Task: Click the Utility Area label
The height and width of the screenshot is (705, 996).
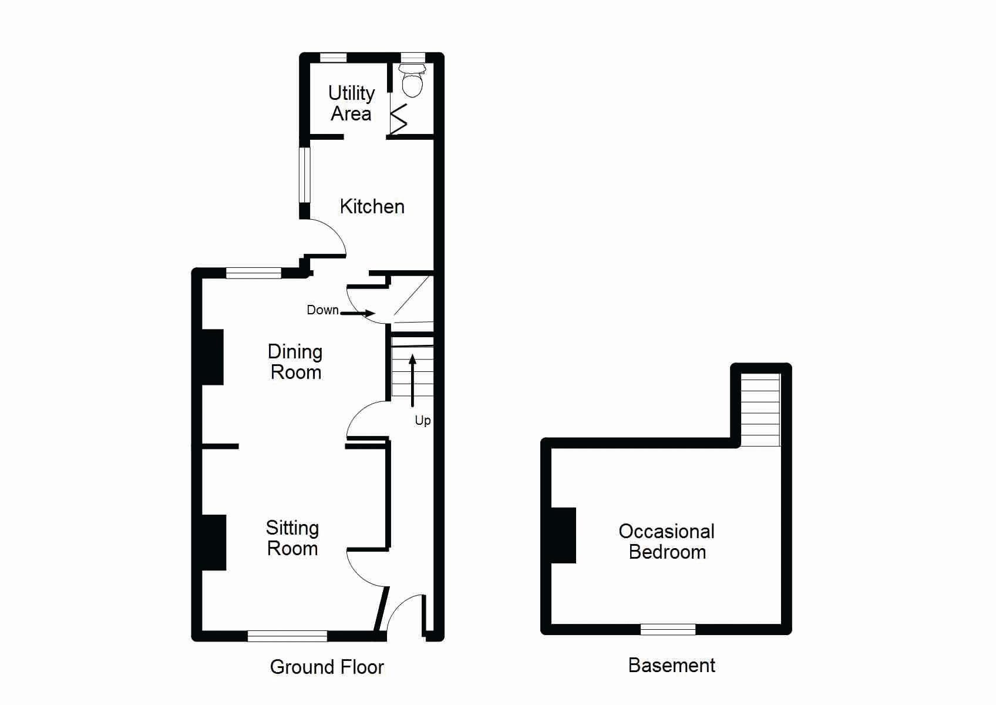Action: [351, 103]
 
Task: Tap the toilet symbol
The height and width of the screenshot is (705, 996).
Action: [412, 80]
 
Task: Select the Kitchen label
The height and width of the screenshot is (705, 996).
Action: [372, 206]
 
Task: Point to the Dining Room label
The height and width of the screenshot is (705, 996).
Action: [295, 362]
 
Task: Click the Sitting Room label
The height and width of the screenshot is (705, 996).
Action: [292, 538]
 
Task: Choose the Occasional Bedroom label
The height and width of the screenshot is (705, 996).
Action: [667, 541]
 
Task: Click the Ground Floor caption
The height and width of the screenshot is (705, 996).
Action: [327, 667]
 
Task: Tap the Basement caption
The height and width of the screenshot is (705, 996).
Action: [671, 666]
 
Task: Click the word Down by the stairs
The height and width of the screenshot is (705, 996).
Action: [322, 310]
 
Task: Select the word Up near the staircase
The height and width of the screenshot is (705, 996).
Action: [422, 421]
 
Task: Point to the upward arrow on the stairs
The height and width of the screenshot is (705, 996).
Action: [413, 380]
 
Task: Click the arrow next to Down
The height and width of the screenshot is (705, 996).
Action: [358, 313]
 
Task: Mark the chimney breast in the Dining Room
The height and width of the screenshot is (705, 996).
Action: [213, 357]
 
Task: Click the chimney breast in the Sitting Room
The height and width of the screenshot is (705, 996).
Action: [214, 542]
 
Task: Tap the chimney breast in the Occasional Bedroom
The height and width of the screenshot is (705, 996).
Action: [563, 535]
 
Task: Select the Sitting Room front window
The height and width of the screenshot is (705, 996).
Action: [287, 636]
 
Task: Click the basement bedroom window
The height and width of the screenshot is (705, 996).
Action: [668, 629]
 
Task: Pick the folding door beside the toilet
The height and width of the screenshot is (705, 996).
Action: [398, 119]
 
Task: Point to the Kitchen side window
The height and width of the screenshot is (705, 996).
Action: [305, 175]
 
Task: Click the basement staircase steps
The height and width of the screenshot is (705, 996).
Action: [761, 409]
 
